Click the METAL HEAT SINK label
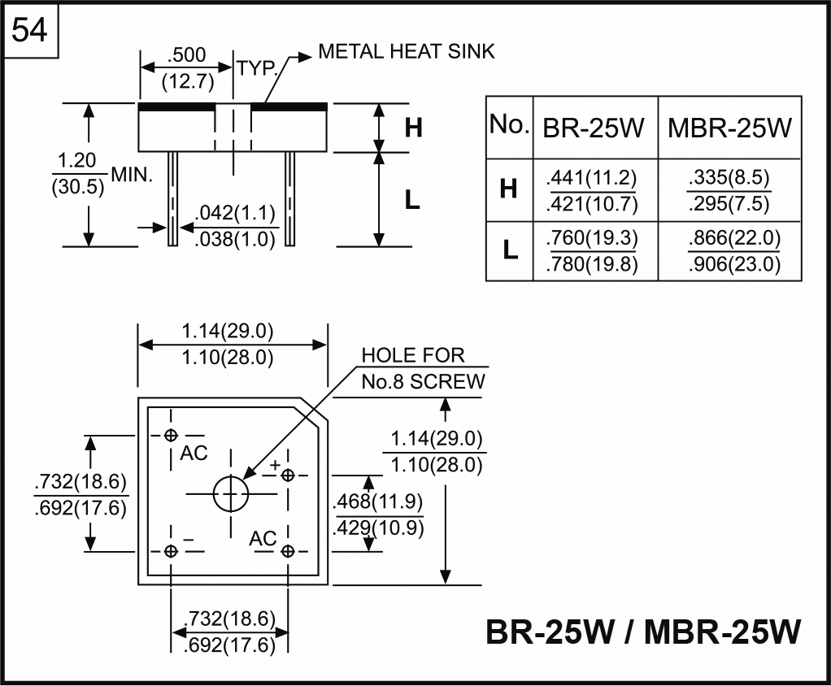click(406, 52)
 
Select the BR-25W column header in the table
click(594, 128)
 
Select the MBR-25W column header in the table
click(729, 128)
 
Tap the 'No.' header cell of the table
click(509, 126)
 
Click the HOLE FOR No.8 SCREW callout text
click(423, 368)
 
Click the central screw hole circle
click(230, 493)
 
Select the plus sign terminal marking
click(275, 465)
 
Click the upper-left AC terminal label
click(194, 454)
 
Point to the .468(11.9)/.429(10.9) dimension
click(379, 514)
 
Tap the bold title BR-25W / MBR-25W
click(642, 632)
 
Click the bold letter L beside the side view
click(413, 200)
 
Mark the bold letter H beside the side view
click(413, 128)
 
